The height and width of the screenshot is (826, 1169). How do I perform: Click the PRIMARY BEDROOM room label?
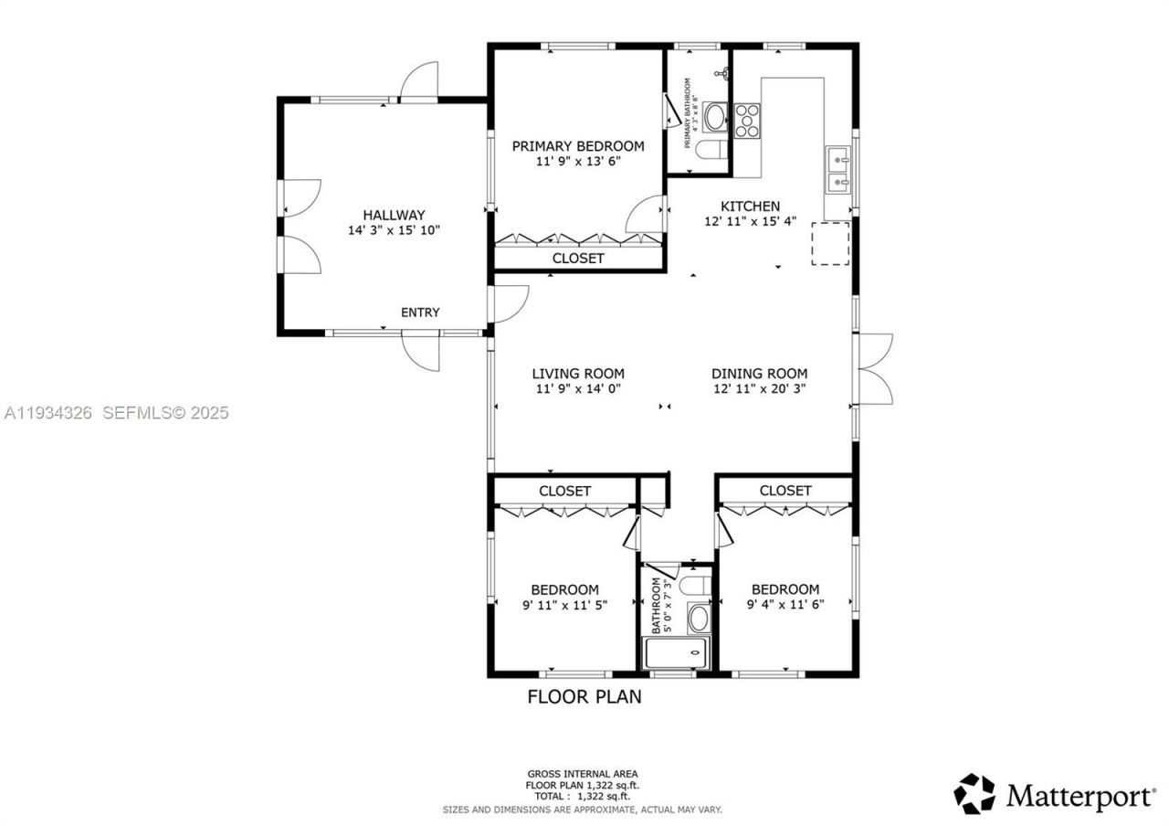coord(577,146)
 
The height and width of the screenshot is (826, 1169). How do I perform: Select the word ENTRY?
coord(420,312)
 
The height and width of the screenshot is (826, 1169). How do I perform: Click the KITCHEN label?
coord(750,206)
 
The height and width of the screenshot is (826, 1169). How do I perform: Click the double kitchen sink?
coord(838,171)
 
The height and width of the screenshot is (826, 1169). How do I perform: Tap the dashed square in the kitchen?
coord(830,243)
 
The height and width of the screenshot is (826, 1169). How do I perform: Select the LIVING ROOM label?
coord(578,374)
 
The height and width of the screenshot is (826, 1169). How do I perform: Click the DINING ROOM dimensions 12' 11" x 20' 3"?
coord(759,388)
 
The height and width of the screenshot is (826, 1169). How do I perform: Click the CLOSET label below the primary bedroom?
coord(578,259)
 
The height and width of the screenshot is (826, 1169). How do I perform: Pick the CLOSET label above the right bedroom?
coord(785,491)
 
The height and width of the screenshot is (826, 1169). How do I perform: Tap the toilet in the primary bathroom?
coord(709,149)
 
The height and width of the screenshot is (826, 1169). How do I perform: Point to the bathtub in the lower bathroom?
coord(677,653)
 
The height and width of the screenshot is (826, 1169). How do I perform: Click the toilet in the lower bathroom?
coord(697,585)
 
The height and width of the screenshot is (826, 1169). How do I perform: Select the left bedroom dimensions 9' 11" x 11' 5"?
coord(564,604)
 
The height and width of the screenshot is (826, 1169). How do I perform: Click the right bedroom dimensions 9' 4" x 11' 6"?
coord(785,604)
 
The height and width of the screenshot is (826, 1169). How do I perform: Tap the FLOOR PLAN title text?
coord(584,697)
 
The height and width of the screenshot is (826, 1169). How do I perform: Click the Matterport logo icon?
coord(974,793)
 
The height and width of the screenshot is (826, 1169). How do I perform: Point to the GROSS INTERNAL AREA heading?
coord(582,774)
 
